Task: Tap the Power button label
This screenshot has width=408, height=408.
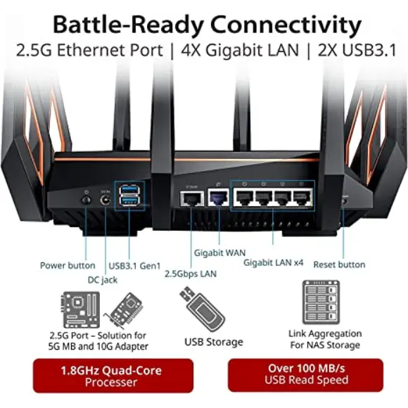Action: click(68, 266)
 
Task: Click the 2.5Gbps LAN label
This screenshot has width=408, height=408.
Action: click(191, 273)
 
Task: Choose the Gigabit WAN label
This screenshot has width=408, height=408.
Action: click(219, 252)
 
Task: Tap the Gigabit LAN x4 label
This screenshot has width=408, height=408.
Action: click(273, 262)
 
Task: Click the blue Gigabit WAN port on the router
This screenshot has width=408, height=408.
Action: click(218, 199)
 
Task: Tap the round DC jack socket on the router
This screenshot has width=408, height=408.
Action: click(106, 201)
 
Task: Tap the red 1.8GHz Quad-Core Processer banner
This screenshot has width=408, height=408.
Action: click(113, 376)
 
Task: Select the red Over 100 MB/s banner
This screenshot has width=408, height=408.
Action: click(306, 374)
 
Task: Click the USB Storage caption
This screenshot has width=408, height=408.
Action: click(214, 342)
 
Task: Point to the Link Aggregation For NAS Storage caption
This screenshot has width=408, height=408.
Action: click(325, 339)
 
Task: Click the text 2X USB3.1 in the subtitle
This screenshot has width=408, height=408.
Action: click(357, 51)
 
